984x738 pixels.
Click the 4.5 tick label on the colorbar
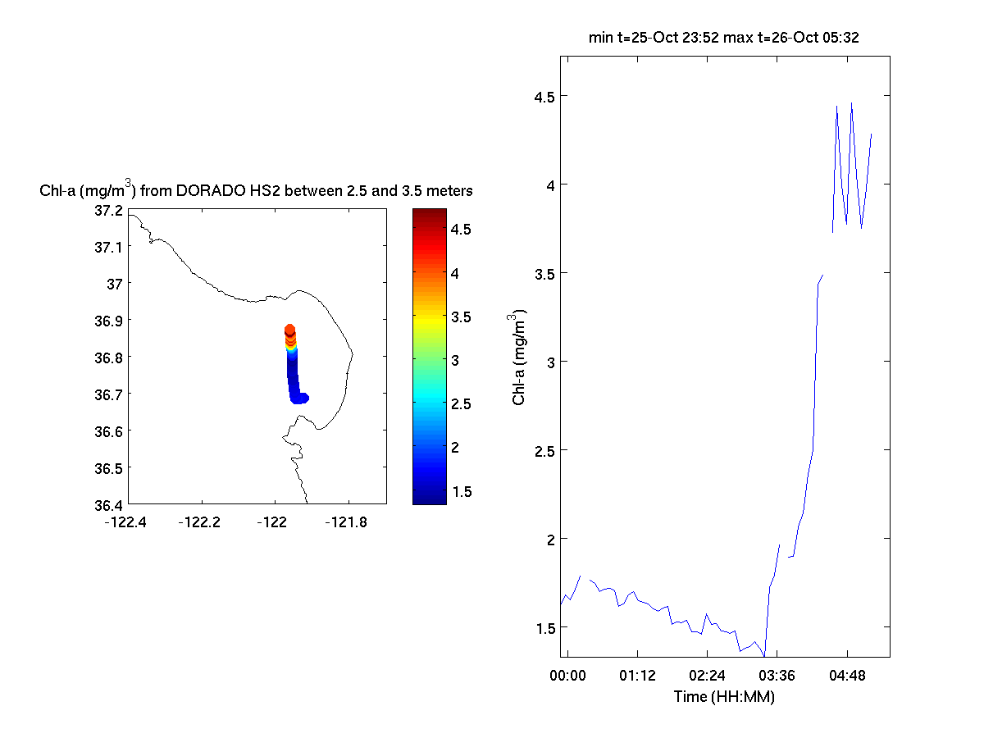coord(460,230)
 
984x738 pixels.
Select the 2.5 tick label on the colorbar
coord(460,403)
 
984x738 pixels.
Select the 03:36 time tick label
coord(777,676)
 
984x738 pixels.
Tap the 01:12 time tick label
coord(636,676)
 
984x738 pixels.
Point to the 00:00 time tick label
coord(567,676)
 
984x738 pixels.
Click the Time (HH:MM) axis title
coord(724,697)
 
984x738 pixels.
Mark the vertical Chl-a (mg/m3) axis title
coord(518,358)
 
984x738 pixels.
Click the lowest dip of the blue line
coord(764,656)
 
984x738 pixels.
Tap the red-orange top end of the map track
coord(289,330)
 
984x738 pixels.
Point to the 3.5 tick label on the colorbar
coord(460,317)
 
